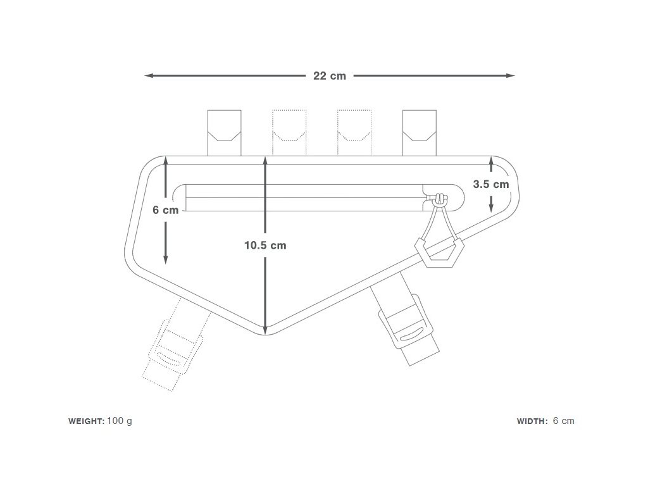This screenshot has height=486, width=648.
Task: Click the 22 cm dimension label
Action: coord(330,76)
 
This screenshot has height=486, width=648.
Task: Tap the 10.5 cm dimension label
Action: coord(265,246)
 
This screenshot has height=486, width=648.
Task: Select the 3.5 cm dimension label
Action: coord(491,185)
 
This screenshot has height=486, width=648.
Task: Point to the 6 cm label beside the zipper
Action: coord(166,210)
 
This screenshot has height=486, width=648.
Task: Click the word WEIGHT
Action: coord(86,421)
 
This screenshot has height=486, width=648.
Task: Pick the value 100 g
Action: coord(120,421)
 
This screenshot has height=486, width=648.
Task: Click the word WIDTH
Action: coord(532,421)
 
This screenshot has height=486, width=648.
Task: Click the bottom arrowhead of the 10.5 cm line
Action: coord(266,327)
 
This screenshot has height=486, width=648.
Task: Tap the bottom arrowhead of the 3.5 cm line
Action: coord(491,207)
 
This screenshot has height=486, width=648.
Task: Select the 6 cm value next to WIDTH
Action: coord(563,421)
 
